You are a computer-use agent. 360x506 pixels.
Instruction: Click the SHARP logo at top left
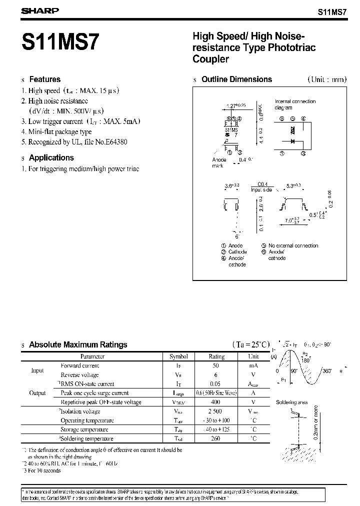39,10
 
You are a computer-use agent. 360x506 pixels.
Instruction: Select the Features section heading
44,79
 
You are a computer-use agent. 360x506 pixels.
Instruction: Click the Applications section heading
51,157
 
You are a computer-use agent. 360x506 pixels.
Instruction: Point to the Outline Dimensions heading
236,79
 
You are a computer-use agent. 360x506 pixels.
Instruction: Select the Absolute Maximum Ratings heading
78,344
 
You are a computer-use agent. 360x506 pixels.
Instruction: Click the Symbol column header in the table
178,356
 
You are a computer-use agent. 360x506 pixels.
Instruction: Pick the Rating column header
216,356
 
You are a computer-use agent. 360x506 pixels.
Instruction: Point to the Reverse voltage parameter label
79,374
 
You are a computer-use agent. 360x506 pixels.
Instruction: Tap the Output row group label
37,393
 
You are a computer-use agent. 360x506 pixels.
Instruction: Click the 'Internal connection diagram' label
295,104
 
